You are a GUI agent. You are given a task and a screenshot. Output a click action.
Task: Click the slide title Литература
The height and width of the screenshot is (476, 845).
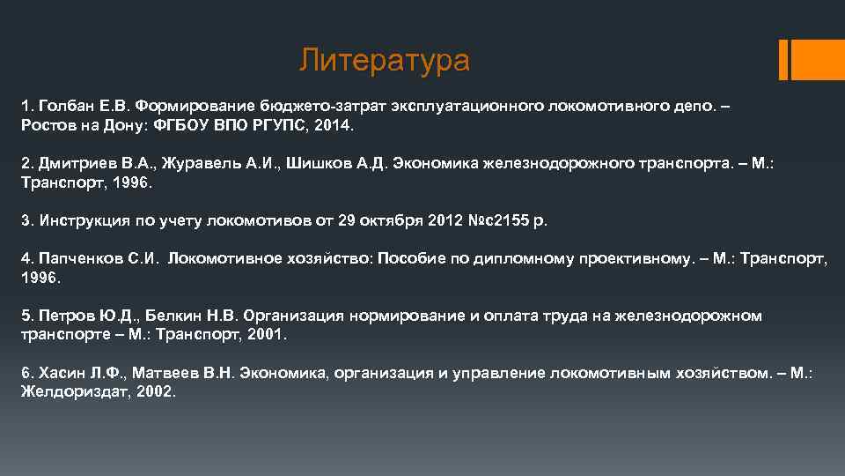(385, 61)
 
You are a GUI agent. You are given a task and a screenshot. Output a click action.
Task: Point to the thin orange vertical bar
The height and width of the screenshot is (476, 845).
(783, 59)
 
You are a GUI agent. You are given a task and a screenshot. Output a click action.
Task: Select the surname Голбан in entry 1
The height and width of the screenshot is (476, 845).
(63, 106)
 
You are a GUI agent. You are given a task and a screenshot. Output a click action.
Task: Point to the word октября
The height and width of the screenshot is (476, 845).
(390, 220)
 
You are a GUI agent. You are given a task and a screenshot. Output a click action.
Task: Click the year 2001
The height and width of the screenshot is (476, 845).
(266, 335)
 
